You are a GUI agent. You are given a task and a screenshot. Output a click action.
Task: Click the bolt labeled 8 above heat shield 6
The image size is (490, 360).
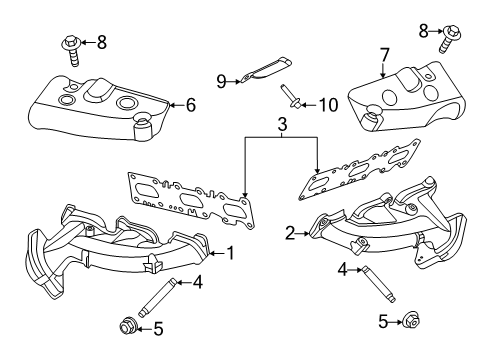pyautogui.click(x=71, y=46)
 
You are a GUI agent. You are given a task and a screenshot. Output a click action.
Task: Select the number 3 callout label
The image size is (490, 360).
pyautogui.click(x=282, y=124)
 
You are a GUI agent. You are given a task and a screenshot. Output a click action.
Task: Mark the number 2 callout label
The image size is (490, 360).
pyautogui.click(x=290, y=233)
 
